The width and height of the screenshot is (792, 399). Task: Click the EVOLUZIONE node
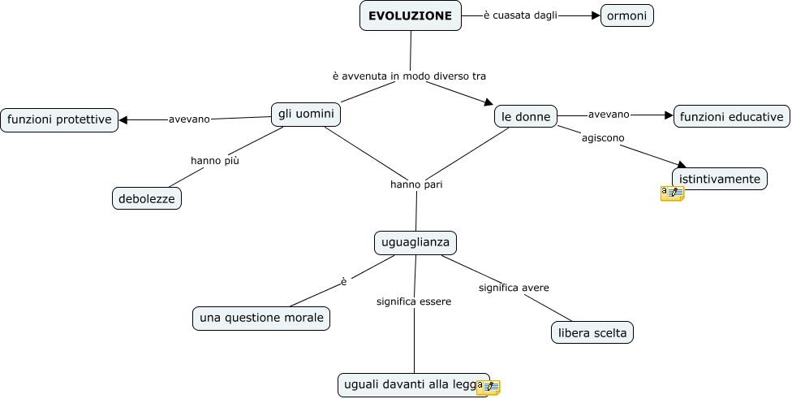tap(410, 15)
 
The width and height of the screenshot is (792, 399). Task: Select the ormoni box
tap(626, 15)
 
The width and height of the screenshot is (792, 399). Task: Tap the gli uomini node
tap(306, 115)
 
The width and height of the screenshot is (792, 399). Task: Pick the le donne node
tap(526, 116)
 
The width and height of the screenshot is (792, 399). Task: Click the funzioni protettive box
tap(59, 119)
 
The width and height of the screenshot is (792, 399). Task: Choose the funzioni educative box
tap(731, 116)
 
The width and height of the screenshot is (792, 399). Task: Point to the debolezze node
tap(147, 198)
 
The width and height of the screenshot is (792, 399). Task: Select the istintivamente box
tap(720, 179)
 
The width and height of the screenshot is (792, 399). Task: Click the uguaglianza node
tap(415, 242)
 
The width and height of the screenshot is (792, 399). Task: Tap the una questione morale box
tap(261, 318)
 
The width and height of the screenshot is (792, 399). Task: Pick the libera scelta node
tap(592, 332)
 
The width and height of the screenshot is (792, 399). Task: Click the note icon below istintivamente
tap(672, 193)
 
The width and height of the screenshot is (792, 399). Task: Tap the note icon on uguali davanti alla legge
tap(488, 388)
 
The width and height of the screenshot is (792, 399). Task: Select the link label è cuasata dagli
tap(520, 15)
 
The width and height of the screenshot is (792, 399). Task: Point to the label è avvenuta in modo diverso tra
tap(409, 76)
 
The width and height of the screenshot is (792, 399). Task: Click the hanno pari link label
tap(416, 184)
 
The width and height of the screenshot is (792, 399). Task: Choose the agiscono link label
tap(603, 137)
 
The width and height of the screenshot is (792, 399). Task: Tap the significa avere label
tap(514, 288)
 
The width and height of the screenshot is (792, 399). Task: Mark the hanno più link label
tap(215, 160)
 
